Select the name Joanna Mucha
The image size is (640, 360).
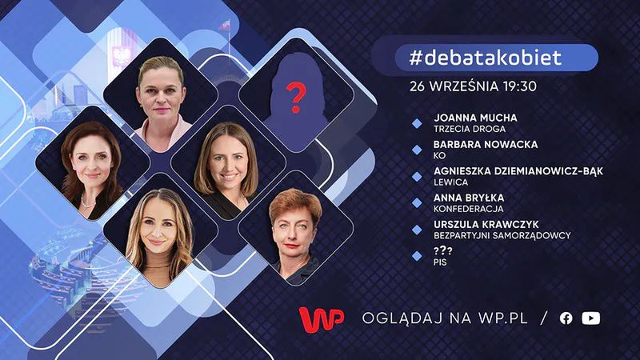[x=474, y=118]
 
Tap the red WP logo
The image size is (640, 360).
[x=322, y=317]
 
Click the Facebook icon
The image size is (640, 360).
[x=566, y=318]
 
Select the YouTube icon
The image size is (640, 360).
[x=591, y=318]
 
